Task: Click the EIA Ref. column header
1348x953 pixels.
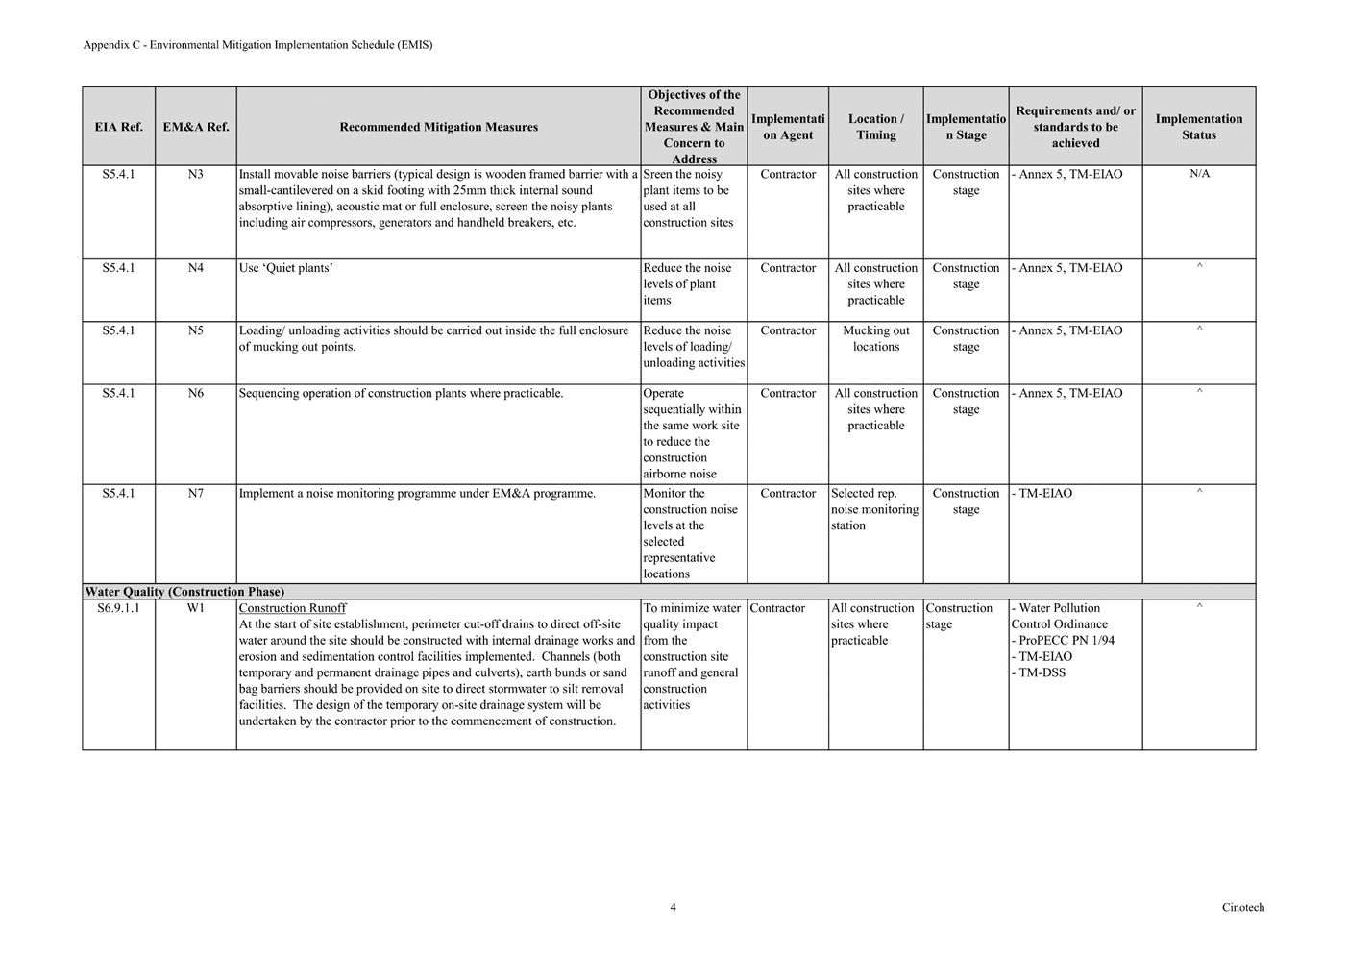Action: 118,127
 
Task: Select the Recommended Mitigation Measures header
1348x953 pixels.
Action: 438,127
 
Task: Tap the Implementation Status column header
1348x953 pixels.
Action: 1198,127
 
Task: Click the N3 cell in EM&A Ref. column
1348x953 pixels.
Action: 195,175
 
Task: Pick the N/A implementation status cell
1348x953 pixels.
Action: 1199,175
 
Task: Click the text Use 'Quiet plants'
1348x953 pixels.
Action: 286,268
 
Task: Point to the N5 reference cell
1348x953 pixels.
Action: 195,330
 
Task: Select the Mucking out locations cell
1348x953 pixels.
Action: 875,338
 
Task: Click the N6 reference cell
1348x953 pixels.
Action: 195,393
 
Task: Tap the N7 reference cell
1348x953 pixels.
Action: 195,494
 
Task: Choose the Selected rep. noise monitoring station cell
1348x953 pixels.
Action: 874,509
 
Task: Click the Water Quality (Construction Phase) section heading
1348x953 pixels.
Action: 184,592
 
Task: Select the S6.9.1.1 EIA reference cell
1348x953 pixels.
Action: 118,608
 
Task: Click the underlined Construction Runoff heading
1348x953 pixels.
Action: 292,608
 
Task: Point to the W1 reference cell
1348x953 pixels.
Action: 195,608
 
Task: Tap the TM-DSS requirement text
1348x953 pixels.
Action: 1042,672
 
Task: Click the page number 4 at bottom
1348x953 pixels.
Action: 673,907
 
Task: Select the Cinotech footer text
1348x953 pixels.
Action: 1243,907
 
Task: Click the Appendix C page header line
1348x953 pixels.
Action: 257,45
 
